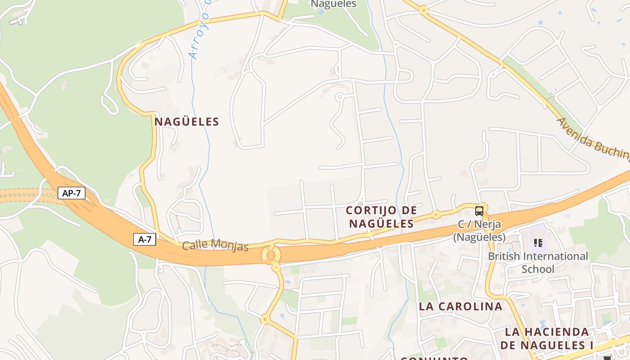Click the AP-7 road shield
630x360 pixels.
point(72,193)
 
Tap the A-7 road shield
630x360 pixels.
point(144,239)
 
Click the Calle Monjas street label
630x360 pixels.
point(215,246)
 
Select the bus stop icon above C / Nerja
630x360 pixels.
point(479,211)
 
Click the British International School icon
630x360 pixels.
point(538,243)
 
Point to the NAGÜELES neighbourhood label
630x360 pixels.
point(187,121)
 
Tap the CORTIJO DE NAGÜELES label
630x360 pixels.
point(381,217)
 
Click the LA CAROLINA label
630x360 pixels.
point(460,306)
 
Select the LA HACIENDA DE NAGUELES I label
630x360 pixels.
point(546,338)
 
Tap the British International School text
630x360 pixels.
point(538,262)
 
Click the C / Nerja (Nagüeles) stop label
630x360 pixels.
point(479,230)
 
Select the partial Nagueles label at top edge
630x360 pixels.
point(333,4)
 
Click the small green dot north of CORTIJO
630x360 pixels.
point(360,203)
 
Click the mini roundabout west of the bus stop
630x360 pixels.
point(436,215)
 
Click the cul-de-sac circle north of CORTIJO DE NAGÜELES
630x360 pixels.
point(339,96)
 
